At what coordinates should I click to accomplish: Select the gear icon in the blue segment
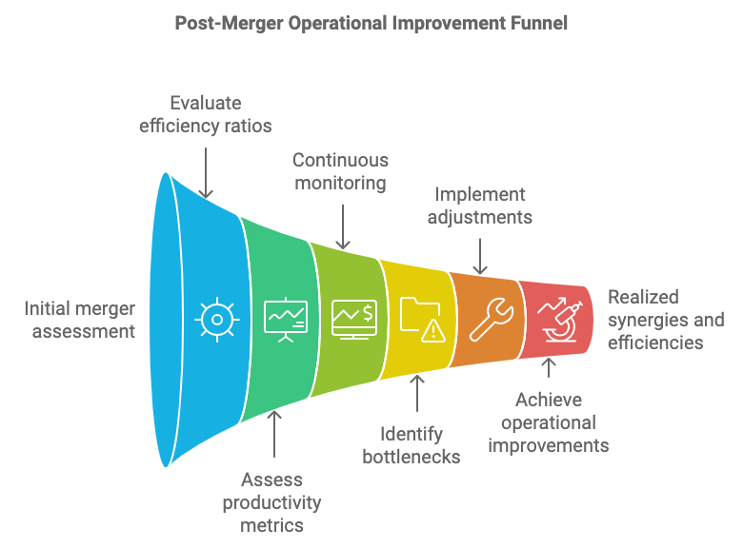(217, 320)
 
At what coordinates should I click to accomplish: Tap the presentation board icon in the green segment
(285, 320)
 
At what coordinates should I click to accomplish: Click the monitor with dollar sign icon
(354, 320)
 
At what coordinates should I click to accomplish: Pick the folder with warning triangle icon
(422, 320)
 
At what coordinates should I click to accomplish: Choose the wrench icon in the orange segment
(491, 320)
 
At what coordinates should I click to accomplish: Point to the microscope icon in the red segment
(559, 320)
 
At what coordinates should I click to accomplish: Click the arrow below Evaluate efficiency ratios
(206, 173)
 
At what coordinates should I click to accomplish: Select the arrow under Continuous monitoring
(343, 226)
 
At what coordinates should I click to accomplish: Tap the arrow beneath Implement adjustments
(480, 257)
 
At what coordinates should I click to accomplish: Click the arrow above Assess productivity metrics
(274, 434)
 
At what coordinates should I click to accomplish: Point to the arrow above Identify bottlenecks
(417, 393)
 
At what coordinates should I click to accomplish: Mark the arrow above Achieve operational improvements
(549, 367)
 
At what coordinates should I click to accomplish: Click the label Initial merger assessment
(80, 320)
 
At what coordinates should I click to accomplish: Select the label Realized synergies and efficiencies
(666, 320)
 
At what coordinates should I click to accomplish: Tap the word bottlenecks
(412, 457)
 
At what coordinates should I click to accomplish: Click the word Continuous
(340, 160)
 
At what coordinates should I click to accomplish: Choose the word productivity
(272, 502)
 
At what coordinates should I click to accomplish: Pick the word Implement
(480, 194)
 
